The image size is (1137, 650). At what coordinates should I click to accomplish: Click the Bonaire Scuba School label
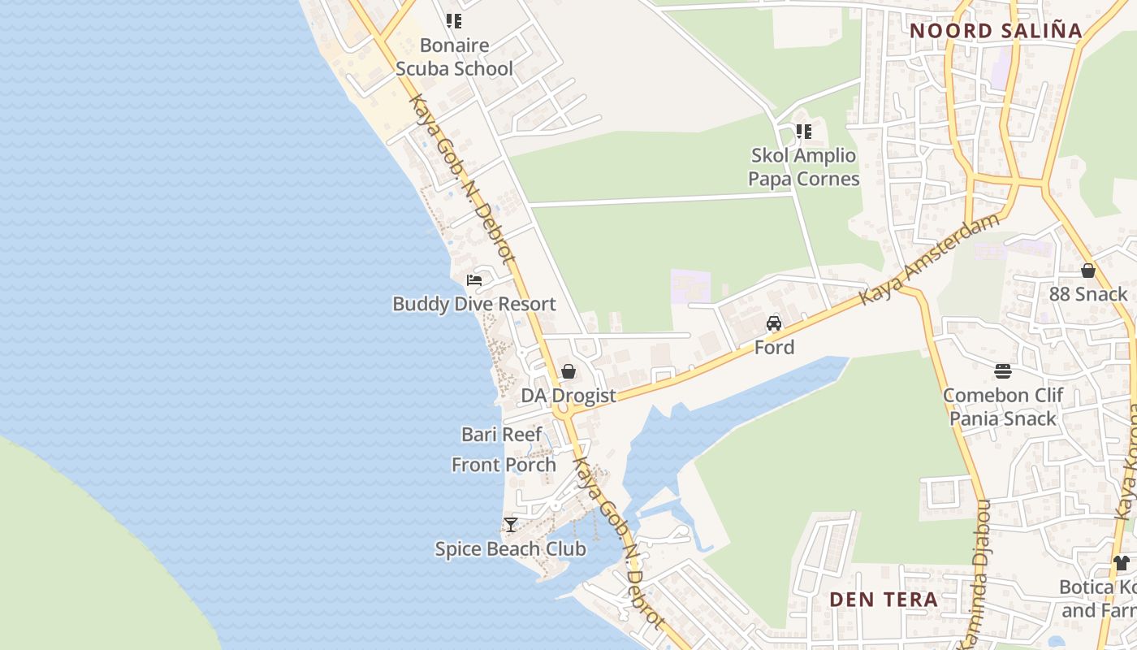point(454,57)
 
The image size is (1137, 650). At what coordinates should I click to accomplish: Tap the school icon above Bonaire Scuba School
point(454,21)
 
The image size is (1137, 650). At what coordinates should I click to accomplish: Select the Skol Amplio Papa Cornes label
point(803,167)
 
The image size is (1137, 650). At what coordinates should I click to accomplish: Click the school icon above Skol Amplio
point(804,132)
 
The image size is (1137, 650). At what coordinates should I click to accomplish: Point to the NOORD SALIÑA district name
point(996,31)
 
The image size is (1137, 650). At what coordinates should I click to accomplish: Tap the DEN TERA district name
point(884,600)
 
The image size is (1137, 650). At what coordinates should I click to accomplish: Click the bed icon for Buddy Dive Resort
point(474,280)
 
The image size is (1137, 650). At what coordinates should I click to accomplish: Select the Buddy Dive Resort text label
point(474,304)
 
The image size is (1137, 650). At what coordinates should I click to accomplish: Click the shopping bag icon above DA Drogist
point(568,371)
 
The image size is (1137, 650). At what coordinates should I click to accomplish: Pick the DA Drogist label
point(568,396)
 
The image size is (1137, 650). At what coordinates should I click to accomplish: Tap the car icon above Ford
point(774,323)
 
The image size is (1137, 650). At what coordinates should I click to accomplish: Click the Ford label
point(774,347)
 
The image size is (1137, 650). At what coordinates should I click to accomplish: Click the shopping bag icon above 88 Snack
point(1088,271)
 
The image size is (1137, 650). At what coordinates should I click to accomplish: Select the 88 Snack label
point(1088,294)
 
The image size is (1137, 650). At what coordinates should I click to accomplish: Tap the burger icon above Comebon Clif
point(1003,371)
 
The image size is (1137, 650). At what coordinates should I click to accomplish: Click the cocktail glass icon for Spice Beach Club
point(510,525)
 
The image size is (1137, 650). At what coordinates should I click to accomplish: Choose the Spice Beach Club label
point(510,549)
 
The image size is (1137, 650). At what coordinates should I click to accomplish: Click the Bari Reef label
point(502,434)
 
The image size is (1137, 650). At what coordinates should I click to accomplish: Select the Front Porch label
point(504,465)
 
